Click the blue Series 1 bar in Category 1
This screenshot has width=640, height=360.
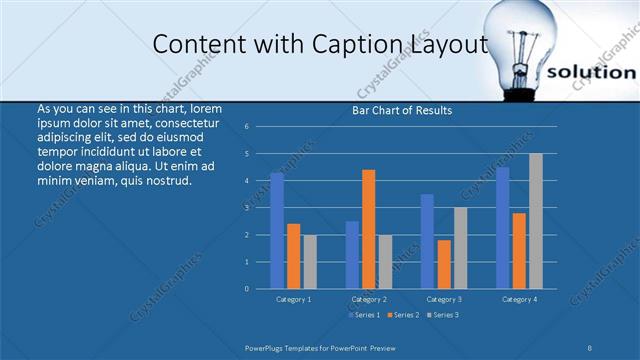[x=277, y=231]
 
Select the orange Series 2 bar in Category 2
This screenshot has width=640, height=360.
[x=369, y=229]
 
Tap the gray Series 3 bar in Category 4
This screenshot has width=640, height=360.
[x=536, y=221]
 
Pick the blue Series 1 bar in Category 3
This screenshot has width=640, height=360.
[x=427, y=241]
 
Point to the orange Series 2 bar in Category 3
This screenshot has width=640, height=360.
[x=443, y=264]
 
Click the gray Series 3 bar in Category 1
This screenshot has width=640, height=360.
[x=310, y=261]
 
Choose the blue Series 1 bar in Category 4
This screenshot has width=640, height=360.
[x=503, y=228]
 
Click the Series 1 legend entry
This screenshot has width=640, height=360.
[x=364, y=315]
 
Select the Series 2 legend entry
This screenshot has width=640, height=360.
[x=403, y=315]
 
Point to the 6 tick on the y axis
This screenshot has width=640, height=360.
[x=246, y=127]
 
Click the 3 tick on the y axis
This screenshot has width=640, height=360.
[x=246, y=208]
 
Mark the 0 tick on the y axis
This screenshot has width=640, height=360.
[x=246, y=288]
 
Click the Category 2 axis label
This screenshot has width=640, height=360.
[x=369, y=299]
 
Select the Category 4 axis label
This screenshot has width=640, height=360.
[x=519, y=299]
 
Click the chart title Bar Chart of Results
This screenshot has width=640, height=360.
[x=402, y=110]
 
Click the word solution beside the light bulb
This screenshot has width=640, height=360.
[x=592, y=73]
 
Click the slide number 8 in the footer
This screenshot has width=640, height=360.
[x=590, y=346]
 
